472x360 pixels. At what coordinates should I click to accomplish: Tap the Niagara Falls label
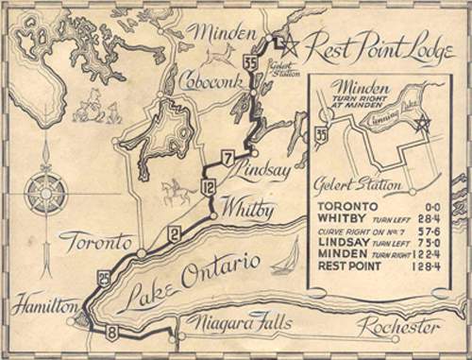pyautogui.click(x=235, y=327)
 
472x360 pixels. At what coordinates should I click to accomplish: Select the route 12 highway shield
pyautogui.click(x=209, y=189)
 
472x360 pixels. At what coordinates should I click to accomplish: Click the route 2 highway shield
pyautogui.click(x=174, y=234)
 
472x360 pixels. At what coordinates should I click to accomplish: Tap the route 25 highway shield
pyautogui.click(x=103, y=277)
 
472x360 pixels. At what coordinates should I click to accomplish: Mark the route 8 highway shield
pyautogui.click(x=113, y=332)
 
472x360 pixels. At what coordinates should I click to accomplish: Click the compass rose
pyautogui.click(x=46, y=193)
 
